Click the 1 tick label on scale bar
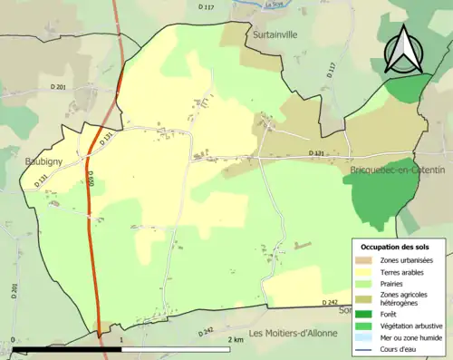point(120,339)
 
